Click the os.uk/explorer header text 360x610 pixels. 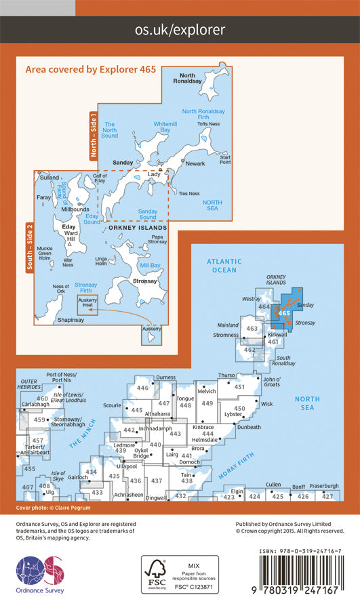tap(180, 30)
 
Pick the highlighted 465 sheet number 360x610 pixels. tap(284, 313)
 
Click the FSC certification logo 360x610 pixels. tap(180, 574)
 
